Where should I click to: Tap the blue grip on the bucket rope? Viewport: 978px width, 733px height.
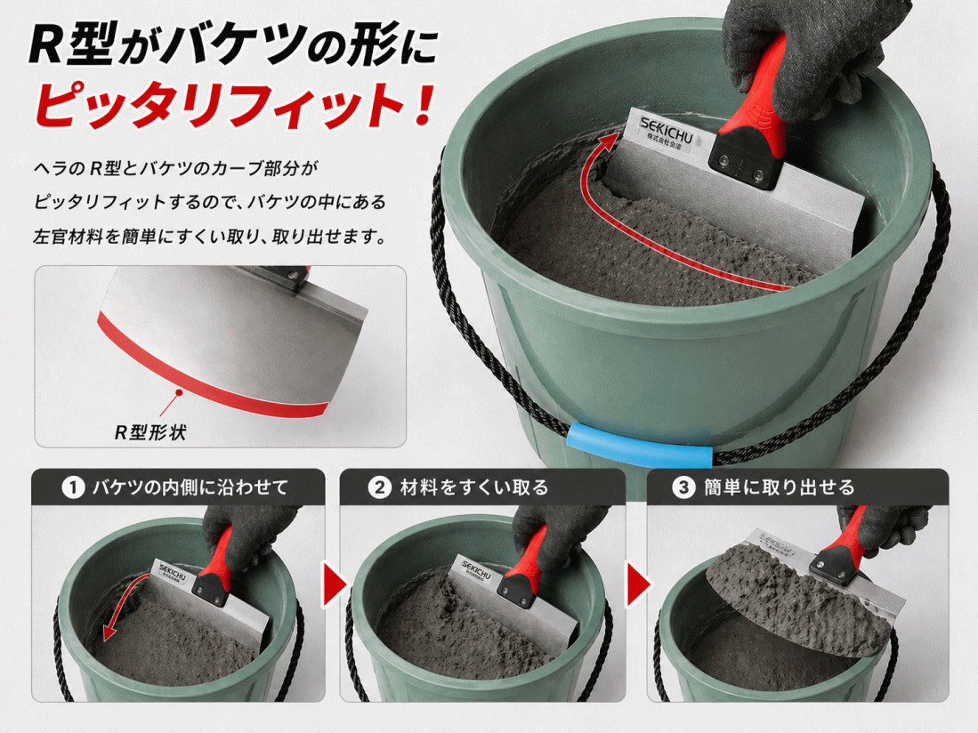(x=640, y=444)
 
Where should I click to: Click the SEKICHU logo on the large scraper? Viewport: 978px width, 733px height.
(x=666, y=128)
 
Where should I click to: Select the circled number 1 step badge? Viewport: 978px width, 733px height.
(x=73, y=487)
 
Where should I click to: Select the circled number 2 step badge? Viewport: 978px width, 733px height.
(x=380, y=487)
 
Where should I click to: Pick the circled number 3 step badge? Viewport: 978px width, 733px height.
(x=683, y=487)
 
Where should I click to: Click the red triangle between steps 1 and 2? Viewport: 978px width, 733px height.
(x=335, y=584)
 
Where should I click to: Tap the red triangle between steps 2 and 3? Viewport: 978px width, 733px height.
(x=638, y=584)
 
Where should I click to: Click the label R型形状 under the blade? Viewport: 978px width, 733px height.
(x=150, y=432)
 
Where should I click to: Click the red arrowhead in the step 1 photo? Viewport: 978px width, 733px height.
(x=109, y=632)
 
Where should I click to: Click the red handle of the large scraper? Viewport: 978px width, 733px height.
(x=756, y=87)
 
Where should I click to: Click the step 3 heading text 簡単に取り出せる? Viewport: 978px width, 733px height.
(x=779, y=487)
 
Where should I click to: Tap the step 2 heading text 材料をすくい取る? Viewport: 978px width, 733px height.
(x=474, y=487)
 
